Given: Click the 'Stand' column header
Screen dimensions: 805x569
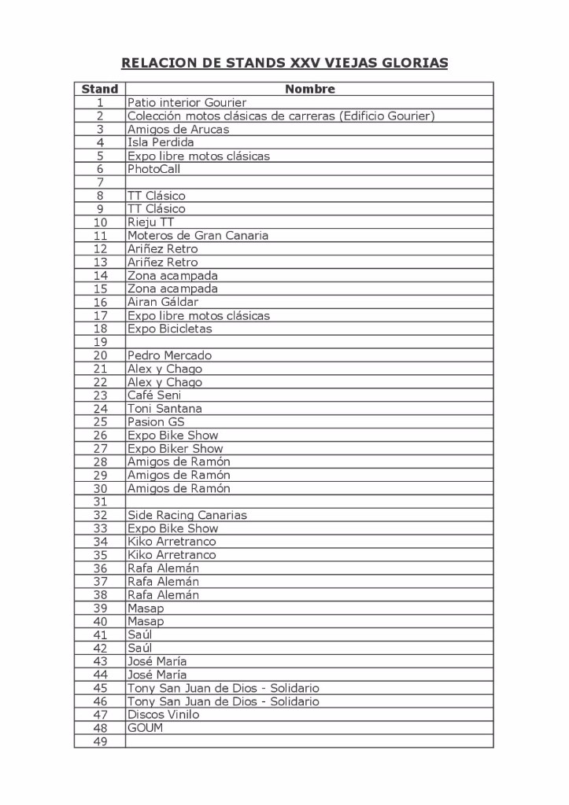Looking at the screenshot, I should [100, 89].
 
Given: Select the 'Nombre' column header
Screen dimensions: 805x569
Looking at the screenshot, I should [309, 89].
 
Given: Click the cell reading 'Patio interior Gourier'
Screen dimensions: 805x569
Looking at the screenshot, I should [187, 102].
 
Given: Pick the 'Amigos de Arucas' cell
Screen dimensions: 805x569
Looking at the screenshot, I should [178, 129].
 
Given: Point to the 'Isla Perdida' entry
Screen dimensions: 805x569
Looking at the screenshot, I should [161, 142].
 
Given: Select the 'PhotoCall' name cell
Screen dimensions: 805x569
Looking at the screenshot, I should [153, 169].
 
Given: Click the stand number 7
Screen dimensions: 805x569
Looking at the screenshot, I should [100, 182].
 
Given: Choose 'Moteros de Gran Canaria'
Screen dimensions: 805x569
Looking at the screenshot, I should [198, 235].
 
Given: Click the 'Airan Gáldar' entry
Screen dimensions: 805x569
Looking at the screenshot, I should [163, 302].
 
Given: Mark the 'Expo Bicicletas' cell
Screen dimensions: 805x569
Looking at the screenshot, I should [169, 329].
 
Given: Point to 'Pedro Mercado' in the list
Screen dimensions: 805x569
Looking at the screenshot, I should [169, 355].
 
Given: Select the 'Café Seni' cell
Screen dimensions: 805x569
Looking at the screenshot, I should [154, 395].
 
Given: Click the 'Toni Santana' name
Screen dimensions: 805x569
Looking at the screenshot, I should [164, 409].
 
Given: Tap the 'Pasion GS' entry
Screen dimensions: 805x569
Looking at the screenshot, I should [156, 422].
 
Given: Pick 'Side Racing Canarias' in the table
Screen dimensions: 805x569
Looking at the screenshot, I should [187, 515].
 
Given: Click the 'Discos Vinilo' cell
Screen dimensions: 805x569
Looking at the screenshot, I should [163, 715].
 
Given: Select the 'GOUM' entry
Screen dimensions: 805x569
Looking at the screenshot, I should [145, 728].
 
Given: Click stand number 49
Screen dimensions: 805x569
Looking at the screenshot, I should [100, 741].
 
